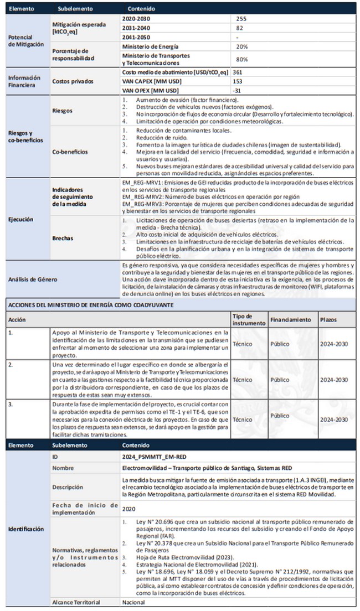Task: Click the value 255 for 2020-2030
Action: click(241, 18)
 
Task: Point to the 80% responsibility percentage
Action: click(241, 59)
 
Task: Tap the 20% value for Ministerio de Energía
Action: click(241, 46)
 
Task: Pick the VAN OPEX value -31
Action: click(238, 90)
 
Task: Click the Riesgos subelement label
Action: click(62, 111)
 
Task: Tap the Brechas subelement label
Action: click(63, 239)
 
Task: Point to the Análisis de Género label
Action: click(34, 279)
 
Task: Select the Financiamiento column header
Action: click(290, 319)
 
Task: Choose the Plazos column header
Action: click(328, 319)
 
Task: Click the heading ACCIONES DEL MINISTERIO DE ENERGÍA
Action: click(83, 304)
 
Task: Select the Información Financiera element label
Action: click(24, 81)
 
